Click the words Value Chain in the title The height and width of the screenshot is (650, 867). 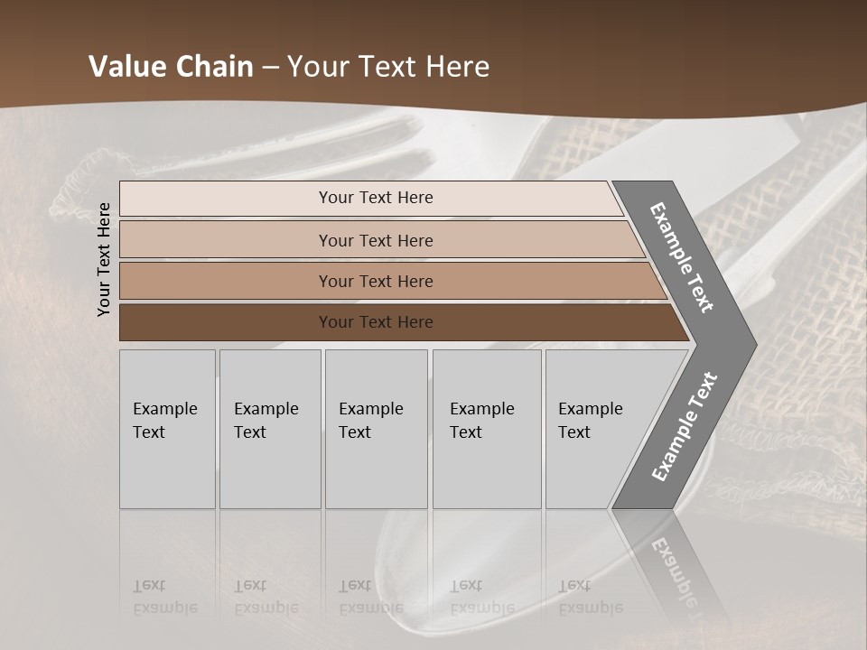(x=171, y=67)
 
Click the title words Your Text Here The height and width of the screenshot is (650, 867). (x=388, y=67)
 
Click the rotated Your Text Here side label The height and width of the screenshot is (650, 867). (x=104, y=259)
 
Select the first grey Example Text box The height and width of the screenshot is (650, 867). (x=167, y=429)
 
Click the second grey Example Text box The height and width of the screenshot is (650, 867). (x=270, y=429)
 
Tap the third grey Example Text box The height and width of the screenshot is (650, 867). (x=376, y=429)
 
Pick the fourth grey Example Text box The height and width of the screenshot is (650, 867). (x=487, y=429)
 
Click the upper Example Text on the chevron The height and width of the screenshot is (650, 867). (x=682, y=257)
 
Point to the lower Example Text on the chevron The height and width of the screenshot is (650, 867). (x=684, y=427)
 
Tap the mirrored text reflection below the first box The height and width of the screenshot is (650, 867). (x=164, y=597)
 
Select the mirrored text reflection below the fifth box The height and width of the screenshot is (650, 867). (x=591, y=597)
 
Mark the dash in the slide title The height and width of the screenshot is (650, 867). (x=270, y=68)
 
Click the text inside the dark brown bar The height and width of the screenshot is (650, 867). (x=376, y=322)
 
